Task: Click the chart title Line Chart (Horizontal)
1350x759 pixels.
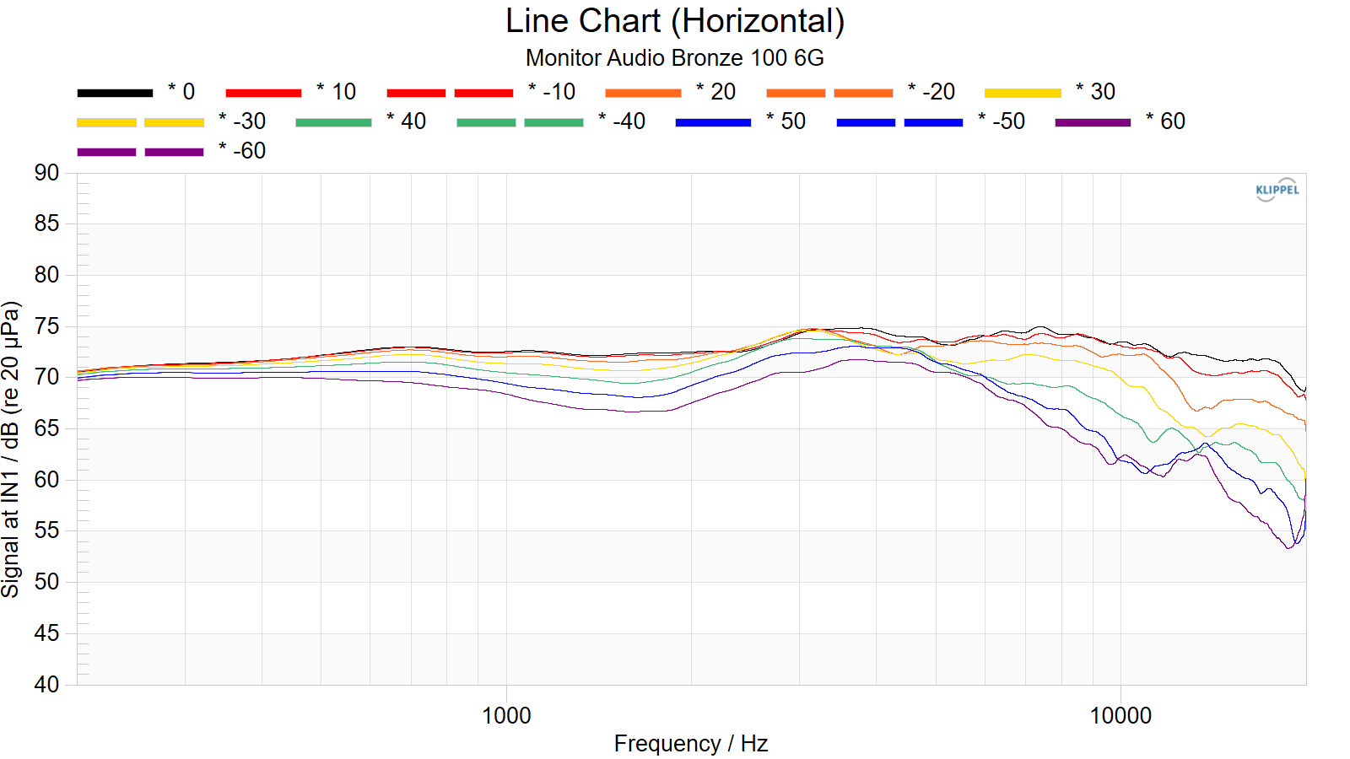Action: (x=675, y=21)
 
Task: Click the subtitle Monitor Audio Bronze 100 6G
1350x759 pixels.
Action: (x=675, y=58)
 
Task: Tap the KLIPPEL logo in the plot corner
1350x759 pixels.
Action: (x=1277, y=190)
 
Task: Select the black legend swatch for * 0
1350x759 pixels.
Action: (x=115, y=93)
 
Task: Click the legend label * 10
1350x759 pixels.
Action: (x=337, y=92)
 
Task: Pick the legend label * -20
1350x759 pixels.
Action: (x=931, y=92)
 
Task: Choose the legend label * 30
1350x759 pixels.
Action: (x=1096, y=92)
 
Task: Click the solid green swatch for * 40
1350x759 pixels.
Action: (x=333, y=122)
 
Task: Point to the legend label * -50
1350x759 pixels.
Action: (x=1002, y=121)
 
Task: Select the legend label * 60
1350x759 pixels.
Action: (x=1166, y=121)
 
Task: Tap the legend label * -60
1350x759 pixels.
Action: (x=242, y=151)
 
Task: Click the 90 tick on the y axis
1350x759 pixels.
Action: (x=47, y=173)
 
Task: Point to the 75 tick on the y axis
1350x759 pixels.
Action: (x=47, y=326)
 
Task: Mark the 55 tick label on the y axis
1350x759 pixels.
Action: (x=47, y=530)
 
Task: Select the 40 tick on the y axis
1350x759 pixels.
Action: (x=47, y=684)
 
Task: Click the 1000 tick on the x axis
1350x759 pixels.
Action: (x=506, y=716)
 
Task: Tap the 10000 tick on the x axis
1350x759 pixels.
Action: (x=1120, y=716)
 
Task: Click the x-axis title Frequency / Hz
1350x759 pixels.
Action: (x=691, y=744)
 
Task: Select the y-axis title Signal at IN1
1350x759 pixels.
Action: (x=11, y=449)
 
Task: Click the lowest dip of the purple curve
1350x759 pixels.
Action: (x=1288, y=548)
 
